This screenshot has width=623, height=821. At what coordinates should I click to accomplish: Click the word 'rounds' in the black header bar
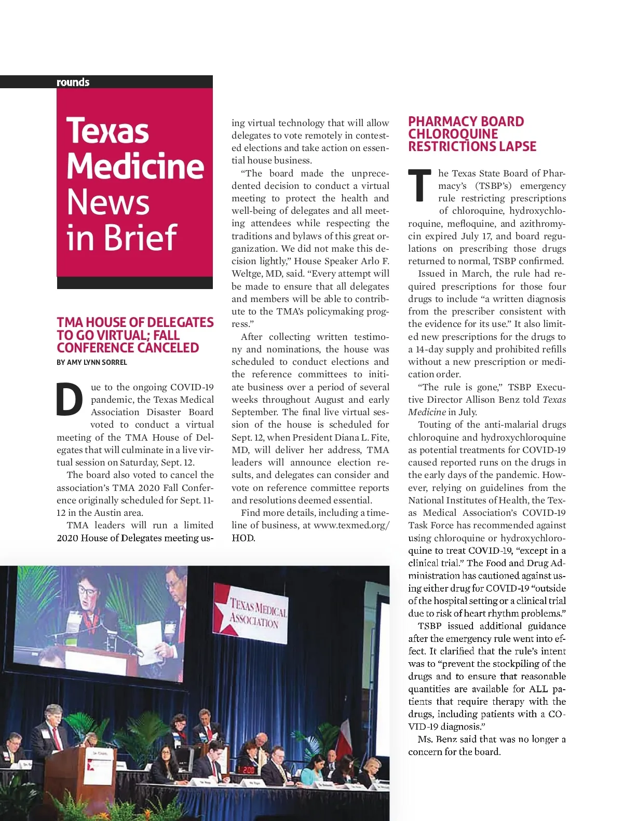[x=73, y=82]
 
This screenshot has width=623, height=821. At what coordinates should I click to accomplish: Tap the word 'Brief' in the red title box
[x=140, y=237]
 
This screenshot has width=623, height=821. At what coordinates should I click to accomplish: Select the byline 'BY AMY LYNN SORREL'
[x=92, y=362]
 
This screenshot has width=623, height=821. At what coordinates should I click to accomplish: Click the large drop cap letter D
[x=70, y=400]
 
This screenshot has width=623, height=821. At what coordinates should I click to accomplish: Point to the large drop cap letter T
[x=419, y=186]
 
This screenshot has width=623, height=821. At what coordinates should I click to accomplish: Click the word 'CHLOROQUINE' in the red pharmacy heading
[x=453, y=134]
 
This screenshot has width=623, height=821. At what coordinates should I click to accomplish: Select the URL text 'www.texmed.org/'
[x=351, y=525]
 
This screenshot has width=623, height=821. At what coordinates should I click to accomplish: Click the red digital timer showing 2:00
[x=248, y=770]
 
